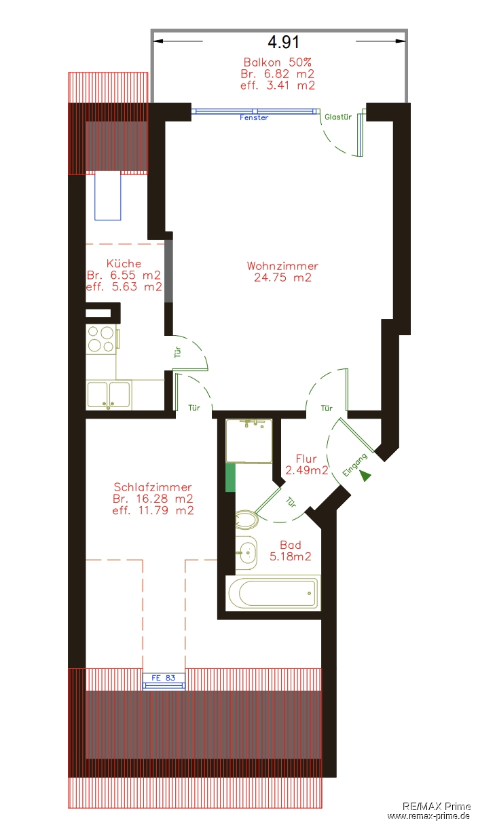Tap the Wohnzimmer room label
tap(282, 266)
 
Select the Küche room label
tap(124, 263)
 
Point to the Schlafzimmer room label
tap(153, 487)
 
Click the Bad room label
tap(291, 545)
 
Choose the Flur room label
tap(306, 459)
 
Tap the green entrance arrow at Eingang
tap(366, 476)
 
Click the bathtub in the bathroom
tap(273, 592)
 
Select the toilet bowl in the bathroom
tap(246, 520)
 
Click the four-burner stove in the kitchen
tap(100, 339)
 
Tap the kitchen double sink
tap(109, 395)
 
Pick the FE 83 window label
tap(164, 677)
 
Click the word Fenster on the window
tap(254, 117)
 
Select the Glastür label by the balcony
tap(337, 117)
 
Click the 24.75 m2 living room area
tap(282, 277)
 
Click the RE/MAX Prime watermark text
tap(436, 806)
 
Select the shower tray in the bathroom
tap(249, 441)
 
